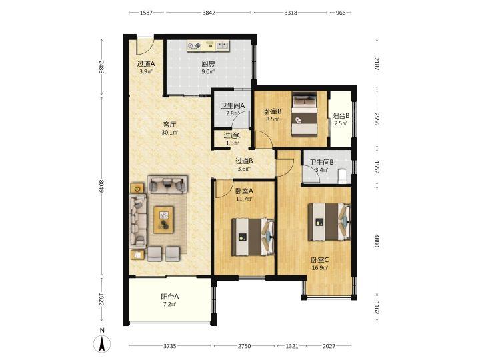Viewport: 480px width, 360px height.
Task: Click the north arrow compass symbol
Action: coord(102,343)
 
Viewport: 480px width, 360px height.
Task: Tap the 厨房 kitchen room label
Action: coord(208,64)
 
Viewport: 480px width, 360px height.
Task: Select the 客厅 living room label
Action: coord(169,125)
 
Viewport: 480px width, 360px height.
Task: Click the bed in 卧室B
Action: coord(304,114)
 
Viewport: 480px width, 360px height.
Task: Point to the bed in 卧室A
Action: coord(253,237)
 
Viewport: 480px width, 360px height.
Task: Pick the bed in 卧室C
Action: coord(329,222)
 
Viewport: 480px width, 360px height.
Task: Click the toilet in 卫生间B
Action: coord(343,176)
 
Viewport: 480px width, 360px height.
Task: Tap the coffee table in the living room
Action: coord(163,220)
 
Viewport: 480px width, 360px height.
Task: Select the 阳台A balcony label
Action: coord(169,296)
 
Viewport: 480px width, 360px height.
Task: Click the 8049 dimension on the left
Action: coord(101,186)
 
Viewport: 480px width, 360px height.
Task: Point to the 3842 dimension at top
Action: coord(209,13)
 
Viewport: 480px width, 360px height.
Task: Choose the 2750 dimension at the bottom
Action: coord(244,346)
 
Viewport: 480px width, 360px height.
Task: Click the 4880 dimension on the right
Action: coord(377,241)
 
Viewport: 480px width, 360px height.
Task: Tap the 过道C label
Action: coord(233,135)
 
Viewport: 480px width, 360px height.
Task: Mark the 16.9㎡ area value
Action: coord(320,268)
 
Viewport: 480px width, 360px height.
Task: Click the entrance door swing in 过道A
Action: coord(145,45)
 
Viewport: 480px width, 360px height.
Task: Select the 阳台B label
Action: coord(341,116)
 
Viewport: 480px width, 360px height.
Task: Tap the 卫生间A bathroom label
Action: coord(233,105)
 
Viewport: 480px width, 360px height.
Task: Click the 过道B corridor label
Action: coord(244,161)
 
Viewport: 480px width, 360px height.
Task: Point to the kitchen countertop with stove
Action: coord(209,46)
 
